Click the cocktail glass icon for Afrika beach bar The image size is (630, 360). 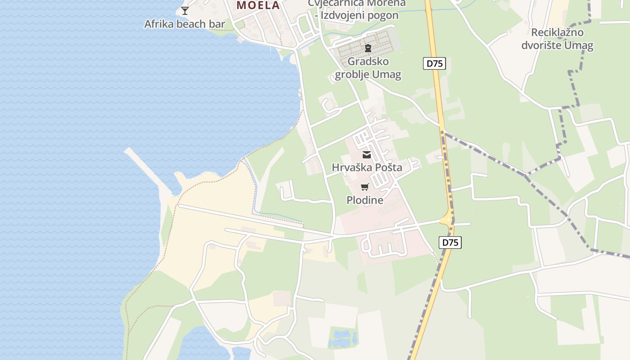point(184,10)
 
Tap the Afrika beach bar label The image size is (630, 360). point(184,24)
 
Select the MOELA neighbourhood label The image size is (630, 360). point(258,5)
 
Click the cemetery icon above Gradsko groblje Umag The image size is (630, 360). point(368,48)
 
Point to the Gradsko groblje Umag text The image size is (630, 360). point(368,67)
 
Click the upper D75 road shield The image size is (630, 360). point(434,63)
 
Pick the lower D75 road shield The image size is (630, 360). point(450,243)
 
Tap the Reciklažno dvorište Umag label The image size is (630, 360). point(557,39)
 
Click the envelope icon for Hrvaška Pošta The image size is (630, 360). point(367,155)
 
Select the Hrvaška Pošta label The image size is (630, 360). point(367,167)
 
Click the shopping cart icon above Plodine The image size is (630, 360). point(364,187)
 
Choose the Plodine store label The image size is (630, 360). point(364,200)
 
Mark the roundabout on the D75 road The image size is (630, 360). point(447,220)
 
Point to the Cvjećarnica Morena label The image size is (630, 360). point(357,4)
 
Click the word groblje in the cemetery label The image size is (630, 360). point(354,74)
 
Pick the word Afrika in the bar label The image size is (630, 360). point(158,24)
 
